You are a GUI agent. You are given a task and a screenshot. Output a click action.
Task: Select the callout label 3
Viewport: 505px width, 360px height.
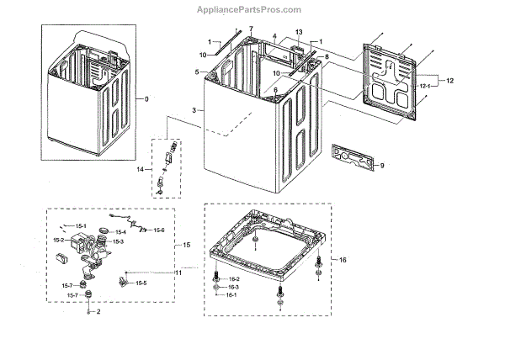pos(194,111)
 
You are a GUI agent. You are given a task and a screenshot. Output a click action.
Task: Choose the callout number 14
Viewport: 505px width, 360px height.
pos(140,171)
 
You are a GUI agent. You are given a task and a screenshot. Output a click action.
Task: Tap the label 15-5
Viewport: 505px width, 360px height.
pos(140,283)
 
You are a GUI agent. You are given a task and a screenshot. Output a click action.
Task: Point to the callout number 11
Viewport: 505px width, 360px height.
pos(178,273)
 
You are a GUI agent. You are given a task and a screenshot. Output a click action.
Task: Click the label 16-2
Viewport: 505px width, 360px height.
pos(234,278)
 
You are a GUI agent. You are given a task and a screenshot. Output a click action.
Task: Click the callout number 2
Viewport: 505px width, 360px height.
pos(98,312)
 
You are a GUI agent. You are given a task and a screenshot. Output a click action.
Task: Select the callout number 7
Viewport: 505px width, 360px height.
pos(250,29)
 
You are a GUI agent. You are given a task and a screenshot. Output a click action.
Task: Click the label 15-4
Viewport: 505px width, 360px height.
pos(120,232)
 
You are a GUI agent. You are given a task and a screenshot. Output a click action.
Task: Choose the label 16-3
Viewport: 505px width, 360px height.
pos(234,287)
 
